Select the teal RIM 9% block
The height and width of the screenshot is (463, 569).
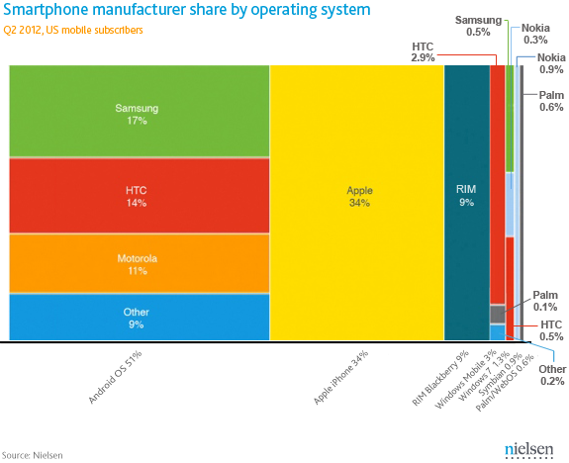point(465,195)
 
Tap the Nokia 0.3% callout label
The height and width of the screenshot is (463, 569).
point(536,34)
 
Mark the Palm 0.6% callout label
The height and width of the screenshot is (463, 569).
point(551,100)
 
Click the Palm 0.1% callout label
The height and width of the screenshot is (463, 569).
point(545,301)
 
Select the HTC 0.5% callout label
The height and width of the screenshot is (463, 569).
point(551,330)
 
